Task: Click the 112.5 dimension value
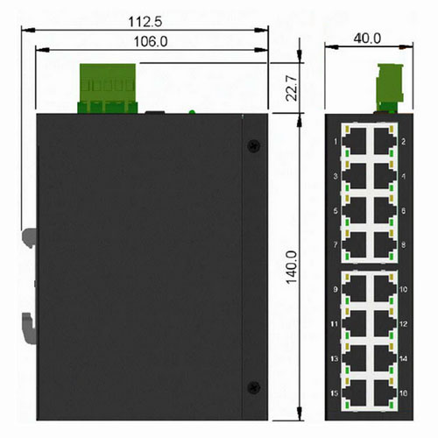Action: click(145, 22)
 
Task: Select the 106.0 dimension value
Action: click(151, 42)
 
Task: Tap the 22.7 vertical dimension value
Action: click(292, 88)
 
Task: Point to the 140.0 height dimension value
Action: click(292, 267)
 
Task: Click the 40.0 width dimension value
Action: click(367, 39)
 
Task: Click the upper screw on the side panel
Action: click(253, 145)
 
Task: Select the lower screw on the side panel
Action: click(253, 387)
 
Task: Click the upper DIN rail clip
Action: click(29, 237)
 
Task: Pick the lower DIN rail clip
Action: click(29, 328)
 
